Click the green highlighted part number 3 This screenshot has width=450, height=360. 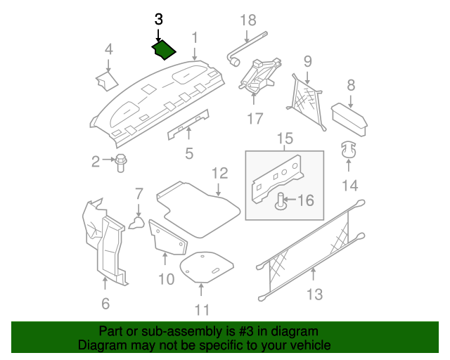pyautogui.click(x=164, y=50)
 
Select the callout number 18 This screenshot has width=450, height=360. pyautogui.click(x=248, y=20)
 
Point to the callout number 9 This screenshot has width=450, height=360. pyautogui.click(x=307, y=61)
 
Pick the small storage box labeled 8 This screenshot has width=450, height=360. pyautogui.click(x=349, y=115)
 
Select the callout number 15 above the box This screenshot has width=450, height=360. pyautogui.click(x=283, y=139)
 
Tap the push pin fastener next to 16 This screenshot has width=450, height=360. pyautogui.click(x=281, y=202)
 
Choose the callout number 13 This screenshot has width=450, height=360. pyautogui.click(x=315, y=294)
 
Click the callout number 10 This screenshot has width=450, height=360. pyautogui.click(x=166, y=279)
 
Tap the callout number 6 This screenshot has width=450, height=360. pyautogui.click(x=105, y=304)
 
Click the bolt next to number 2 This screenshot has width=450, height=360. pyautogui.click(x=120, y=162)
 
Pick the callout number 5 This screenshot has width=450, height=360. pyautogui.click(x=188, y=153)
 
